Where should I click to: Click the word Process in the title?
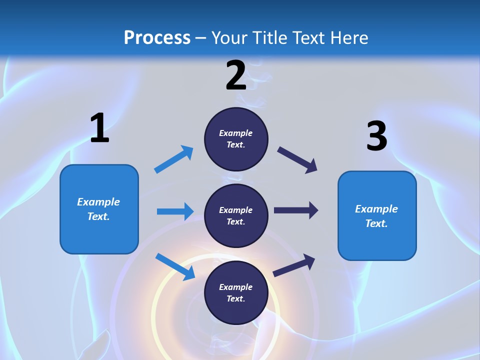[x=157, y=38]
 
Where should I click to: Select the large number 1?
[x=99, y=128]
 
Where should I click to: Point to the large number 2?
[x=236, y=75]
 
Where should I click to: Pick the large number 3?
[x=376, y=136]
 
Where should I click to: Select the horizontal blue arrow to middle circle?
[x=175, y=211]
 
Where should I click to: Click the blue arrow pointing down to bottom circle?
[x=175, y=266]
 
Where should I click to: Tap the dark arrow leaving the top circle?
[x=297, y=160]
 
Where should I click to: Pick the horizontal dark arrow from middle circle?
[x=296, y=210]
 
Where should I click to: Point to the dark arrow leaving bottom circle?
[x=294, y=265]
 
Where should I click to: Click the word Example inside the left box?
[x=98, y=202]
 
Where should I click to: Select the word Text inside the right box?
[x=376, y=223]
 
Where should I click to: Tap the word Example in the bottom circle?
[x=235, y=287]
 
